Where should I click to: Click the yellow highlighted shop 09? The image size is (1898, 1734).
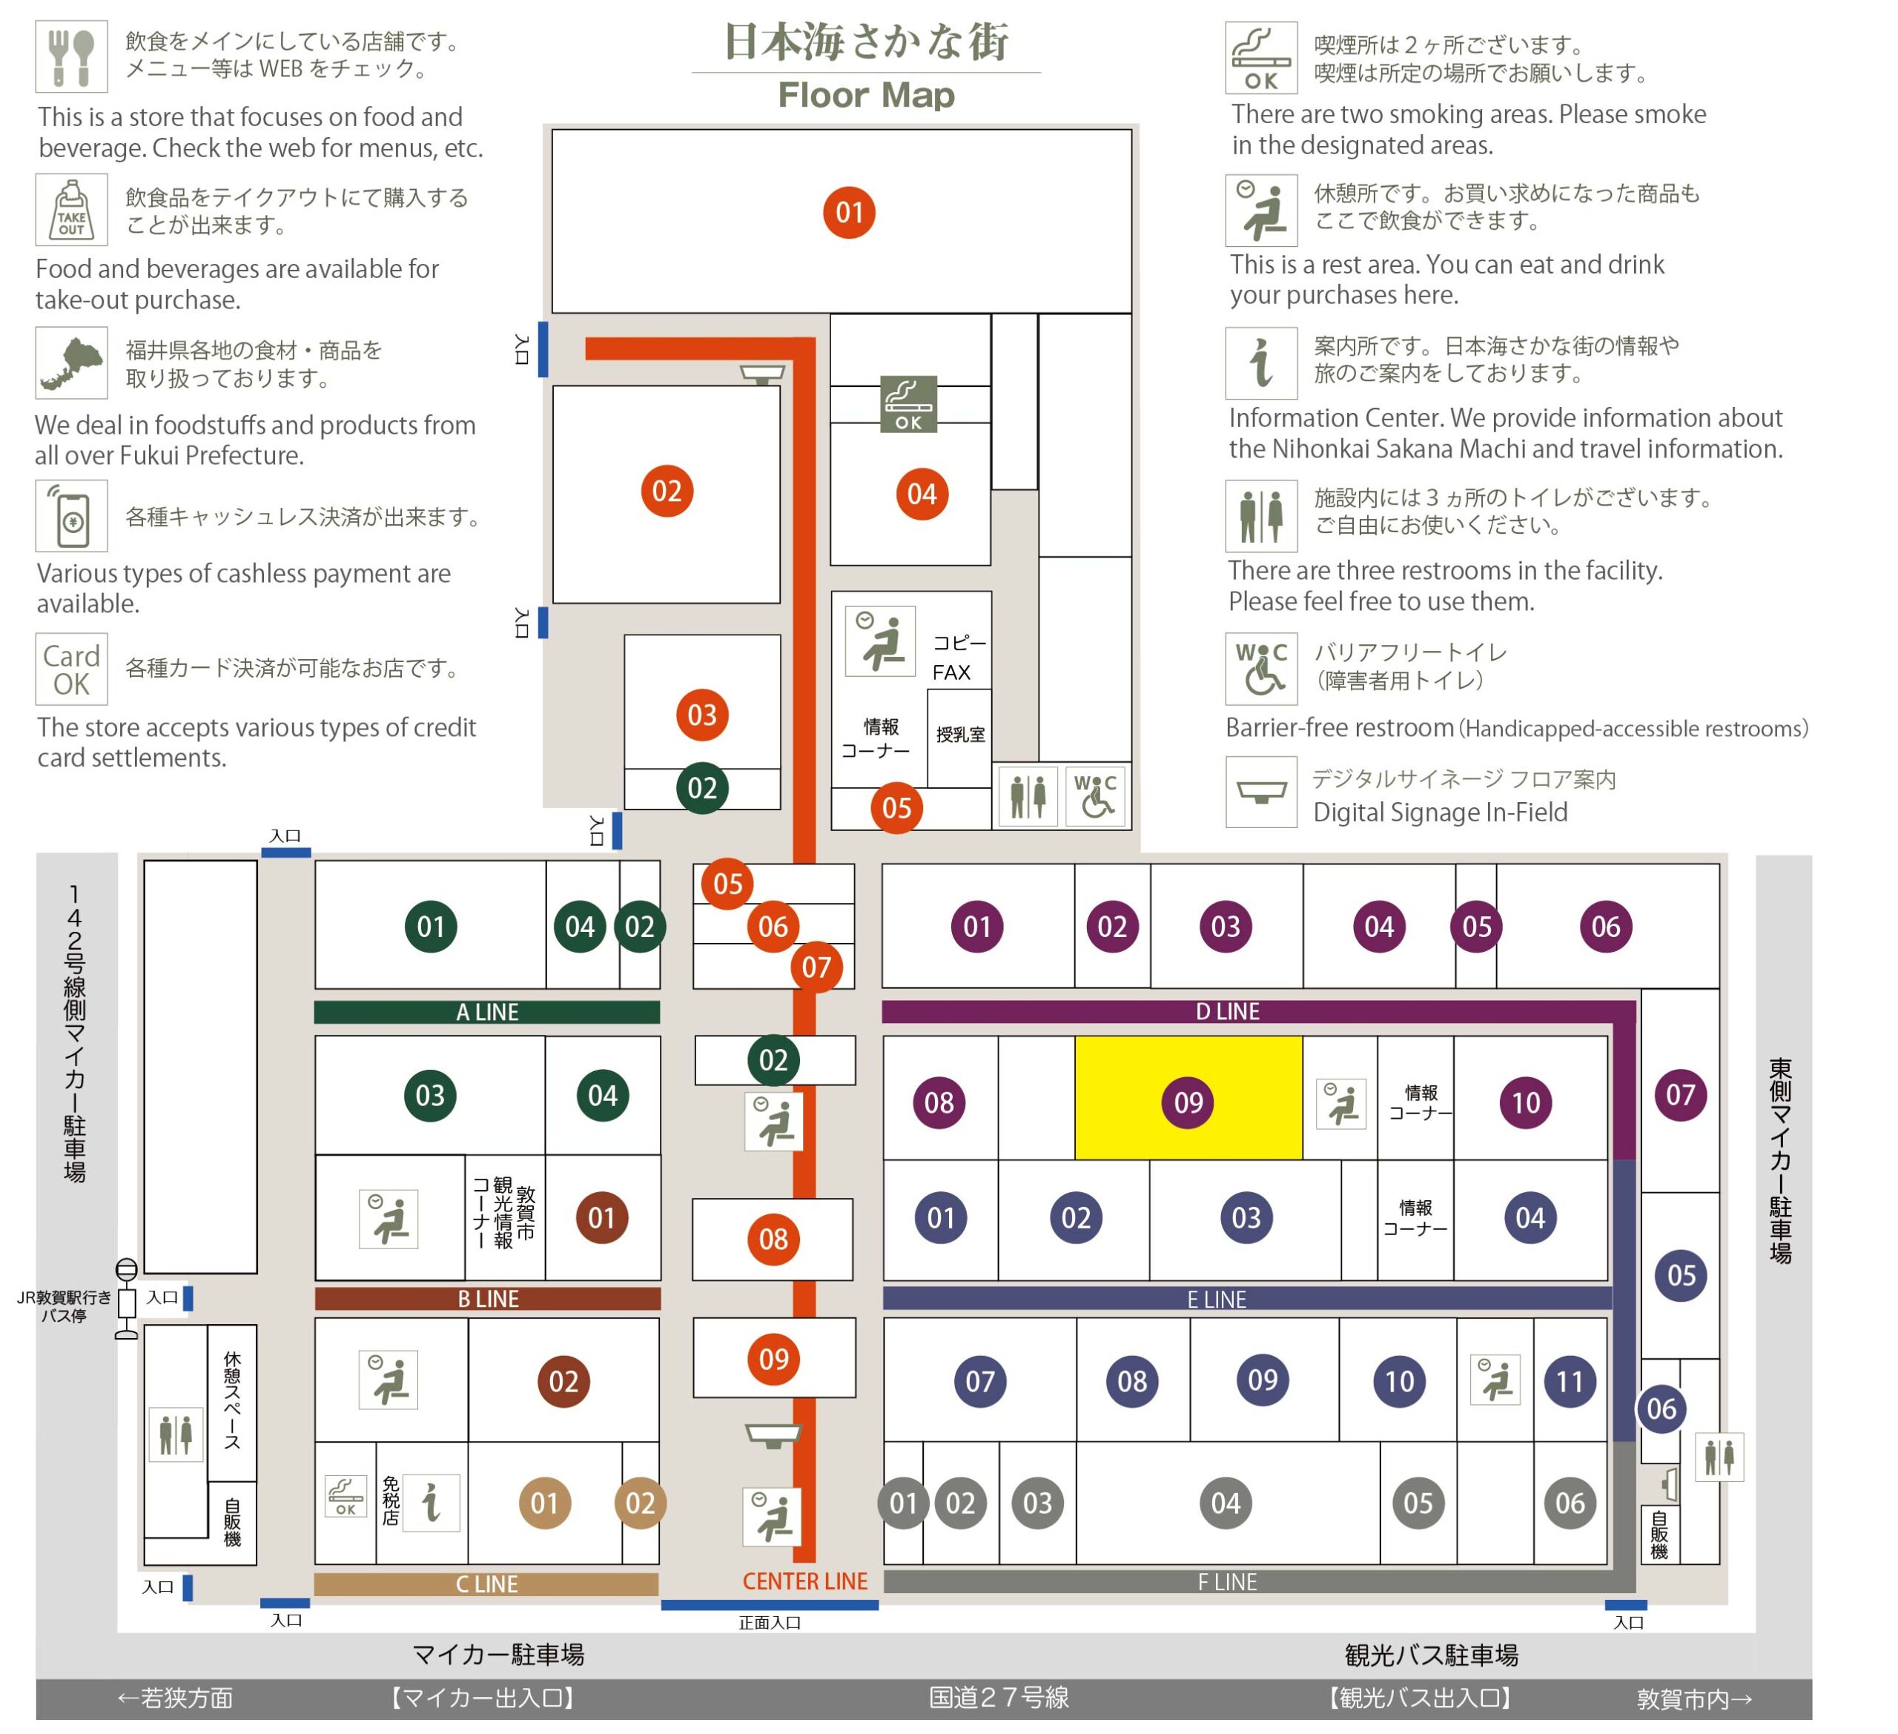pyautogui.click(x=1188, y=1099)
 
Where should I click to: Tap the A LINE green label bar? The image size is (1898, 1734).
pyautogui.click(x=487, y=1012)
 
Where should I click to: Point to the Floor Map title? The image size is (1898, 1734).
pyautogui.click(x=866, y=95)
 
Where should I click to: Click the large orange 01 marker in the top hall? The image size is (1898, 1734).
pyautogui.click(x=849, y=213)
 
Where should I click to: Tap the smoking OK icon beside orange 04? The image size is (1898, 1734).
pyautogui.click(x=908, y=404)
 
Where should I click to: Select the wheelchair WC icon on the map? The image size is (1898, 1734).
pyautogui.click(x=1096, y=796)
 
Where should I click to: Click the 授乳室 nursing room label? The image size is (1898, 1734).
pyautogui.click(x=960, y=734)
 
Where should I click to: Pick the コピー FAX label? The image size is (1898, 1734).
pyautogui.click(x=959, y=657)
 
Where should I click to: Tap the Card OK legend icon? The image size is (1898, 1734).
pyautogui.click(x=72, y=669)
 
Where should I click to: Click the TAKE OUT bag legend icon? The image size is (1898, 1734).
pyautogui.click(x=72, y=209)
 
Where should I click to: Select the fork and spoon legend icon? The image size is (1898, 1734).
pyautogui.click(x=72, y=56)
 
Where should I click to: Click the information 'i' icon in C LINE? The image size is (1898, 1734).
pyautogui.click(x=431, y=1503)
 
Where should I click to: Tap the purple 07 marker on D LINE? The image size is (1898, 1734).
pyautogui.click(x=1681, y=1095)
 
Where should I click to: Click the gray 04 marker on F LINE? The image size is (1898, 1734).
pyautogui.click(x=1226, y=1503)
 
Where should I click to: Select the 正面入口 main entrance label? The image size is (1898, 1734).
pyautogui.click(x=770, y=1623)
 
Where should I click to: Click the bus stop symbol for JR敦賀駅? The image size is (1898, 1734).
pyautogui.click(x=126, y=1298)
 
